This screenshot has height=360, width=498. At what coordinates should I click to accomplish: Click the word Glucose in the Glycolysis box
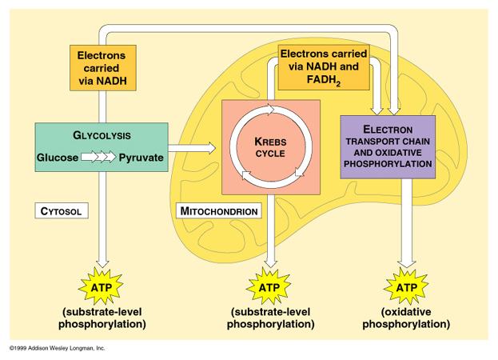[x=58, y=158]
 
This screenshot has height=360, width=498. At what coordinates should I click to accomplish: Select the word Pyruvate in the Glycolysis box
[x=141, y=158]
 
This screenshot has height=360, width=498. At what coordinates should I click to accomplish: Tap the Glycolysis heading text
[x=102, y=135]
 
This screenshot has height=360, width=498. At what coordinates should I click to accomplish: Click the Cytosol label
[x=62, y=211]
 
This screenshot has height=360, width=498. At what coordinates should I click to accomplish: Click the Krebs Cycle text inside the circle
[x=270, y=146]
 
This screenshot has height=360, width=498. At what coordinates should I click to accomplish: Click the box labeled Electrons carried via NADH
[x=102, y=68]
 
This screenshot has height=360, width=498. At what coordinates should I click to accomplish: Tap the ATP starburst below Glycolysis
[x=102, y=286]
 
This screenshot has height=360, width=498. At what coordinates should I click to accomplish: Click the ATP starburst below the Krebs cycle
[x=270, y=286]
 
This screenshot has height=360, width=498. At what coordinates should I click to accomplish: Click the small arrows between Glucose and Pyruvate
[x=98, y=158]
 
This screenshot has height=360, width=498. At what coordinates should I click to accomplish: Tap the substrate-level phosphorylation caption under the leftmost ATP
[x=102, y=318]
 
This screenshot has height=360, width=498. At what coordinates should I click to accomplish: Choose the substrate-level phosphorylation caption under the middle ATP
[x=270, y=318]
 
